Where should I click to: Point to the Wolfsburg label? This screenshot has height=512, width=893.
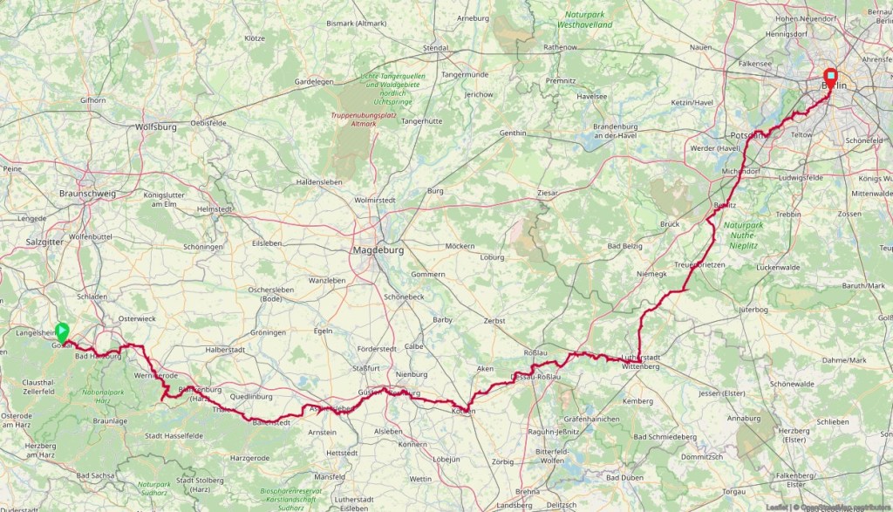156,126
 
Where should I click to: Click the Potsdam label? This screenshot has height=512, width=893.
748,135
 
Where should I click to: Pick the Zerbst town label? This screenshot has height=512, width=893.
494,321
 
